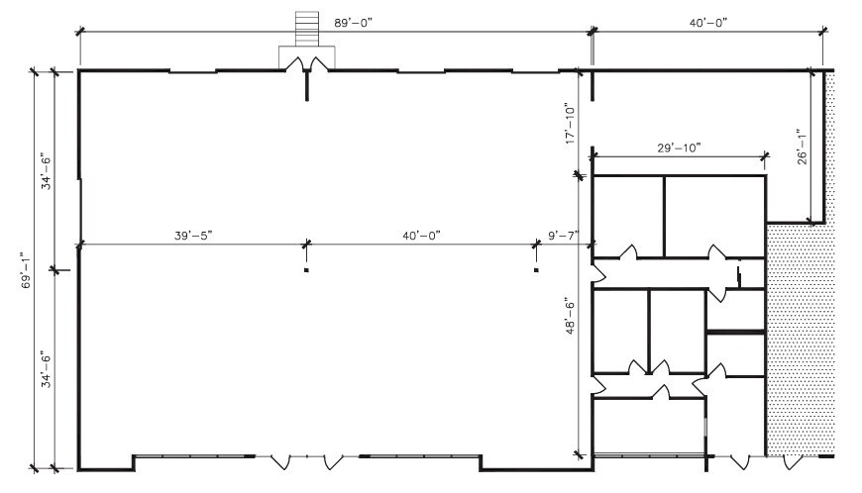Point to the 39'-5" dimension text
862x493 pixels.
point(193,235)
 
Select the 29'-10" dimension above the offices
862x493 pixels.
point(680,148)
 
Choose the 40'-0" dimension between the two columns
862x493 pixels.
point(420,235)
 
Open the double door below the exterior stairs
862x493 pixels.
point(306,63)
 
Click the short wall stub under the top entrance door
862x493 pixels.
point(307,87)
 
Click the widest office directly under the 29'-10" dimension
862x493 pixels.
point(714,215)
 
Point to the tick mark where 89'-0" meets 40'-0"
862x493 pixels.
point(593,33)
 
